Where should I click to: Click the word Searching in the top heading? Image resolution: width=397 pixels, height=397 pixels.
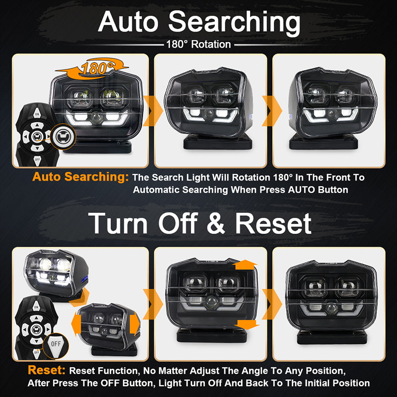pyautogui.click(x=234, y=23)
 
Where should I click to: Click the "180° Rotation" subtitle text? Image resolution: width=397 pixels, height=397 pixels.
pyautogui.click(x=198, y=45)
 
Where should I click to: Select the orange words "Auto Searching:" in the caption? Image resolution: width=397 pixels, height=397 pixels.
pyautogui.click(x=80, y=177)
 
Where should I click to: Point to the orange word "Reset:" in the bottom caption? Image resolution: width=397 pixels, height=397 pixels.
pyautogui.click(x=47, y=370)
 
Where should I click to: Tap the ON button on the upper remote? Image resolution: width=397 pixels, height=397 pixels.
pyautogui.click(x=37, y=114)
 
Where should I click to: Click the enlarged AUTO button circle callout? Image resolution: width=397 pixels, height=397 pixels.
pyautogui.click(x=63, y=137)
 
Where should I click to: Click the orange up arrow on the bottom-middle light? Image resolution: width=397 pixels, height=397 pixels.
pyautogui.click(x=245, y=265)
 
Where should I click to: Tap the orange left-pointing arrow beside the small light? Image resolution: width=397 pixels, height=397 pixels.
pyautogui.click(x=76, y=324)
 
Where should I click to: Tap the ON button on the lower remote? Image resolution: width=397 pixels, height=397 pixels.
pyautogui.click(x=36, y=307)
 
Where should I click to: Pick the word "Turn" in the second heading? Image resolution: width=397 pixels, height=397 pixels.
pyautogui.click(x=118, y=224)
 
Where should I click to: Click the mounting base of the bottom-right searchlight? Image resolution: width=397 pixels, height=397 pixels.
pyautogui.click(x=332, y=337)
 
